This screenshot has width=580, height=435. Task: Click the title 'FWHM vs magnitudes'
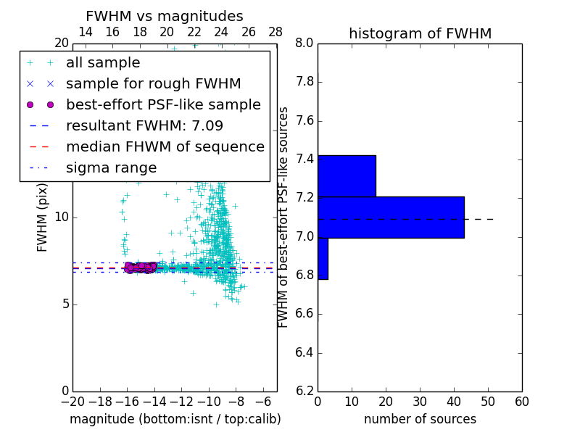165,16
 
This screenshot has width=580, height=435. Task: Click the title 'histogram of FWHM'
420,33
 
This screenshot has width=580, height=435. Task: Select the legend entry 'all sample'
103,63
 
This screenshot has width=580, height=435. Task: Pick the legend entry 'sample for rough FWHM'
153,84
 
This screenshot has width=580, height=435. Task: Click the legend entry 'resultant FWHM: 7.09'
144,125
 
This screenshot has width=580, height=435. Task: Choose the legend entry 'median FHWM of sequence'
165,146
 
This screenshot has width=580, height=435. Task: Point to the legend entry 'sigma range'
111,167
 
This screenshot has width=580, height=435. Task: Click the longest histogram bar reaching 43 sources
391,217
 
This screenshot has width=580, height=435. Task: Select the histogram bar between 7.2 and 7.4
347,175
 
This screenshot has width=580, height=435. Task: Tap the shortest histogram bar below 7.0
323,258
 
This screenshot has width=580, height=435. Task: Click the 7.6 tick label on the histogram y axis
304,121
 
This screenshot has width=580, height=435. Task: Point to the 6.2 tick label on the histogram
304,391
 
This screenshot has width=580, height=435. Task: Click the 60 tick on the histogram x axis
521,402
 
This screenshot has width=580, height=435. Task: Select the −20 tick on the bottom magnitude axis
72,402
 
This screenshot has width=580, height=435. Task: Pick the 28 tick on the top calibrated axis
275,32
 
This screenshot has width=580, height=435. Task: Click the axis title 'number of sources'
420,419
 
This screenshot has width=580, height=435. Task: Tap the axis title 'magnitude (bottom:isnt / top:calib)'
175,419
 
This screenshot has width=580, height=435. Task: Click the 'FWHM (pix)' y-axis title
43,217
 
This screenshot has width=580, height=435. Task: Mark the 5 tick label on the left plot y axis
64,304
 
